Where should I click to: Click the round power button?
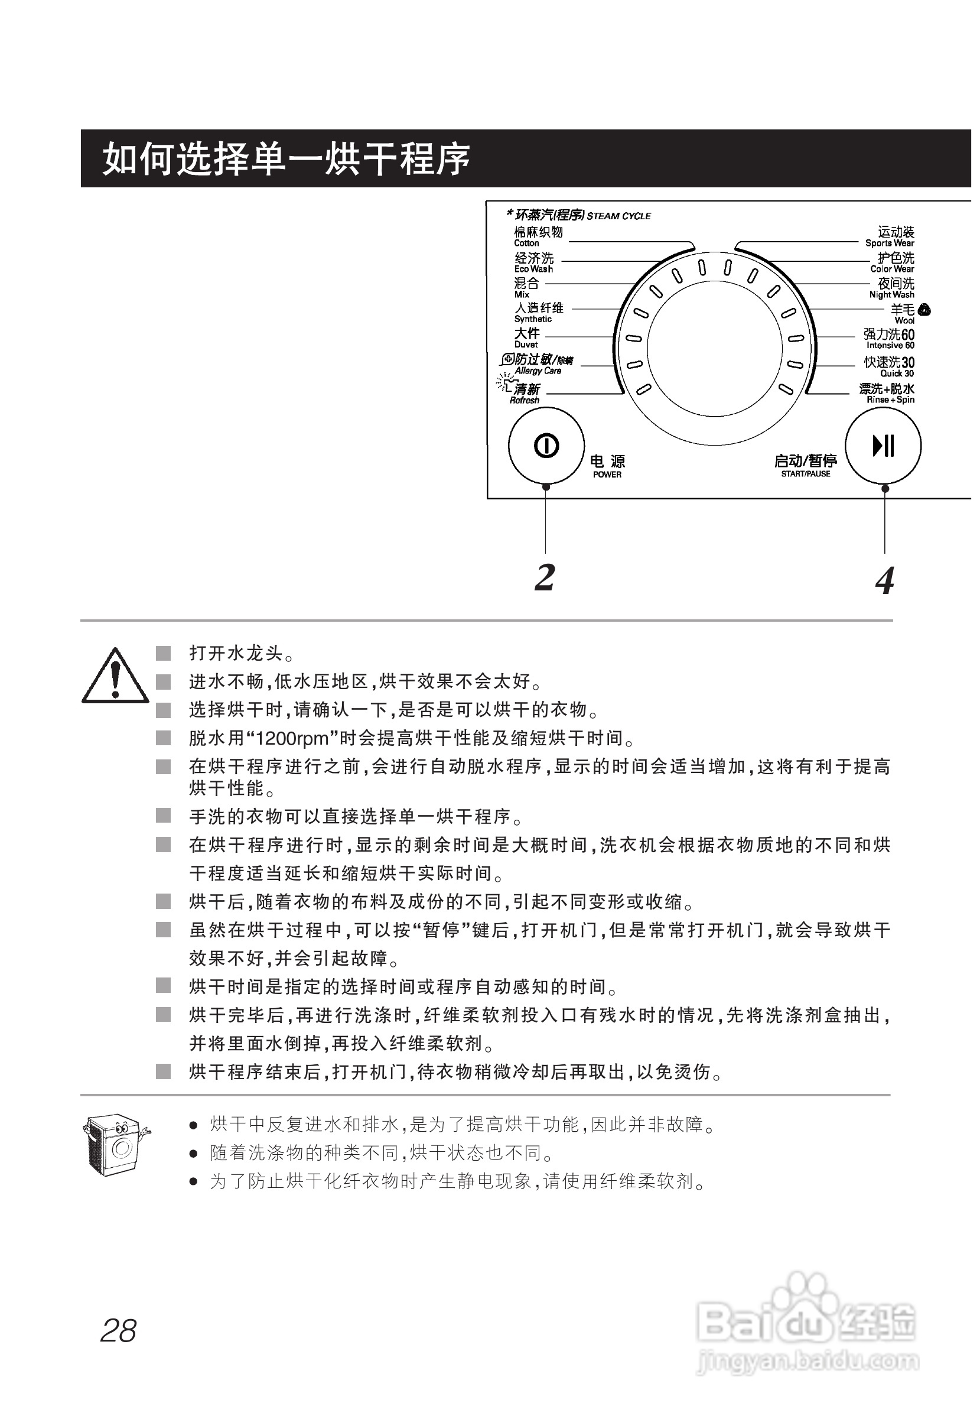point(546,446)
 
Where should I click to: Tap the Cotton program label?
point(538,236)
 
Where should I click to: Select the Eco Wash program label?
point(533,262)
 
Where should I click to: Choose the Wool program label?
point(904,314)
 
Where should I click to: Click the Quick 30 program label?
point(889,367)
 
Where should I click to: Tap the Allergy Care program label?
point(538,364)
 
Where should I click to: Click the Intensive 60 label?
point(889,339)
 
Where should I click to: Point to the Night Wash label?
point(892,287)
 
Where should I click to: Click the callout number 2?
point(545,577)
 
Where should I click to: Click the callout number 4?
point(884,580)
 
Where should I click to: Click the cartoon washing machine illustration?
point(115,1146)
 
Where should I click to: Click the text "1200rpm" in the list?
point(291,738)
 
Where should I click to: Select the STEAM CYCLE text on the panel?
point(618,216)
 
